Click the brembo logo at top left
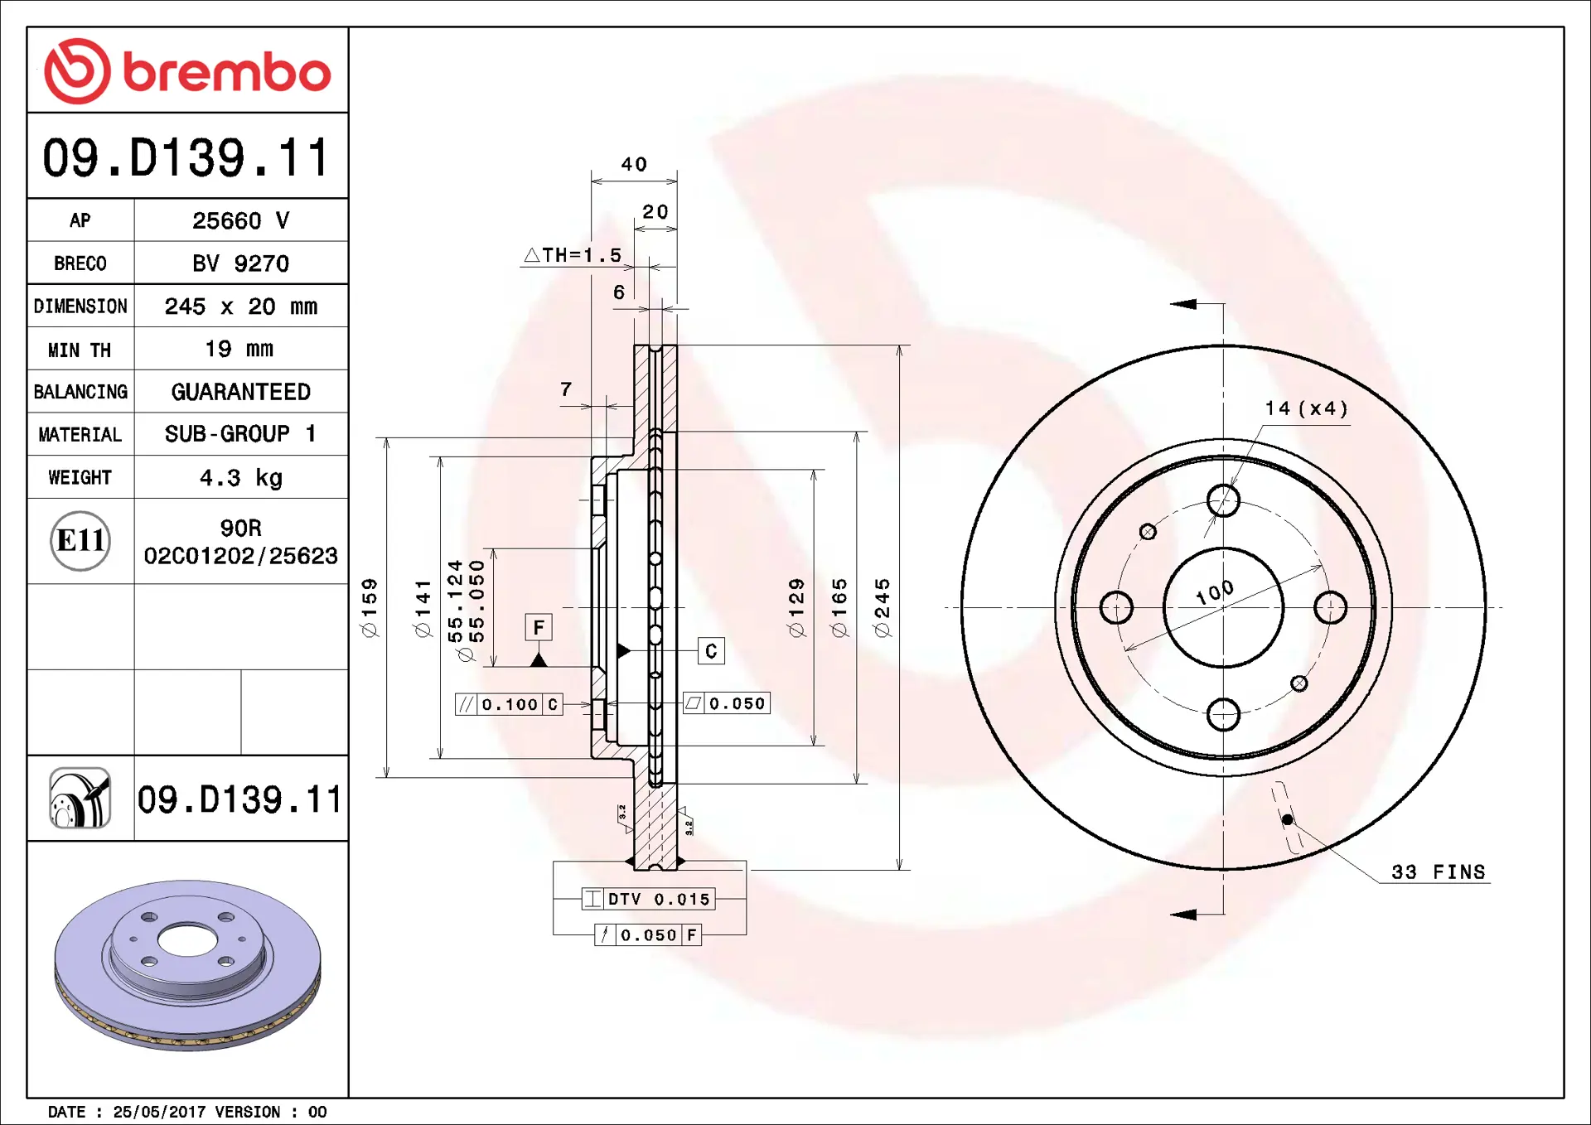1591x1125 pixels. (x=187, y=71)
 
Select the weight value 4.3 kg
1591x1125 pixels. (x=240, y=478)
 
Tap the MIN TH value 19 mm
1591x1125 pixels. (x=239, y=349)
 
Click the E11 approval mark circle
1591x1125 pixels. (x=80, y=541)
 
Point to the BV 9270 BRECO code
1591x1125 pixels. (x=240, y=263)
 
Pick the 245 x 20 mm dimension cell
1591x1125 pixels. (x=240, y=307)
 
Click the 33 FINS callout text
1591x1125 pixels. (x=1438, y=872)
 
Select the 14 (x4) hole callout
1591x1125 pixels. (x=1306, y=408)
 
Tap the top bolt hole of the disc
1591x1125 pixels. (x=1223, y=500)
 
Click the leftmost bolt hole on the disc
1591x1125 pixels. (x=1116, y=607)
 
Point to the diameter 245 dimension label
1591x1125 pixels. (x=883, y=607)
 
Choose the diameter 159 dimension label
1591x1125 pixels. (x=370, y=607)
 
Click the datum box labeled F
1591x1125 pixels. (x=539, y=627)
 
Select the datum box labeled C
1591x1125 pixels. (x=711, y=651)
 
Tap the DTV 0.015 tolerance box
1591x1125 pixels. (x=649, y=899)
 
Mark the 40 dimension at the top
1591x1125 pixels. (x=634, y=164)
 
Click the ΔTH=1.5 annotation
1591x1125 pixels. (x=573, y=255)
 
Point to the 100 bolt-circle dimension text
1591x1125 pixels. (x=1215, y=592)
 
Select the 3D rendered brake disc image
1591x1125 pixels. (x=187, y=965)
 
